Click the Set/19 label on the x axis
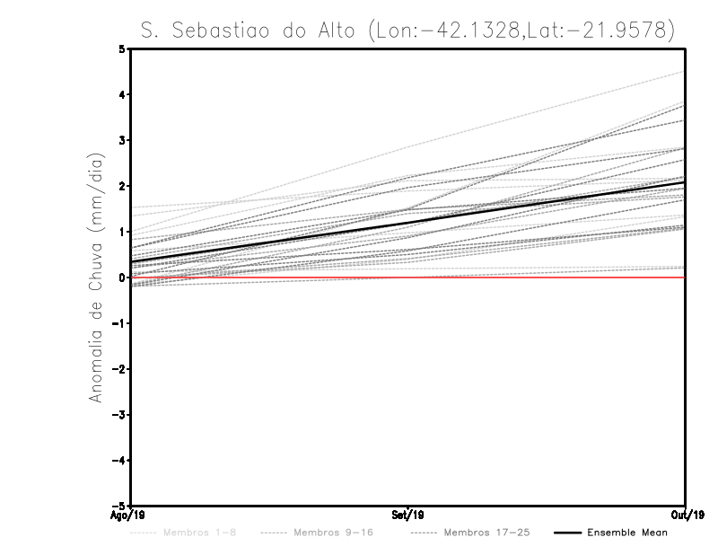pos(407,515)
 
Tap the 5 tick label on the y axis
pos(122,48)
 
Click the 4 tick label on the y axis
pos(122,94)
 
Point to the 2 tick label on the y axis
pos(122,186)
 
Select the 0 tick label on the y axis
pos(122,277)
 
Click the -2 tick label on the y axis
pos(120,369)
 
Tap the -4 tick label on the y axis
pos(120,460)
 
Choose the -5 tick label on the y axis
pos(120,506)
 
